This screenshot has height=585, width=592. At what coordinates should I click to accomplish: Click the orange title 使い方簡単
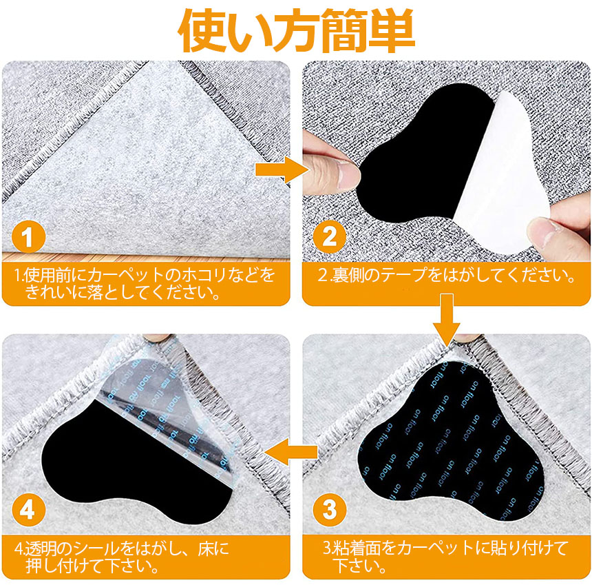[297, 30]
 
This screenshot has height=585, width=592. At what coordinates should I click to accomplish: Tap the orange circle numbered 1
[29, 236]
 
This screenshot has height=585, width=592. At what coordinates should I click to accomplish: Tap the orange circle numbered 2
[330, 236]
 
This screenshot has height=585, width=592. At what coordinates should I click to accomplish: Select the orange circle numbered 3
[330, 509]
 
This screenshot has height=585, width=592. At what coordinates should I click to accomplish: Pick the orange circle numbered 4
[29, 509]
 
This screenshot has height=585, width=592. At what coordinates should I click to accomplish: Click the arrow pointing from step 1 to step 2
[282, 170]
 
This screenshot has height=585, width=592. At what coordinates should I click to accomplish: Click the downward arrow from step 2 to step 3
[447, 320]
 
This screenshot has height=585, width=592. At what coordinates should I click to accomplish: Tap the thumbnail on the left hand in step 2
[348, 173]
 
